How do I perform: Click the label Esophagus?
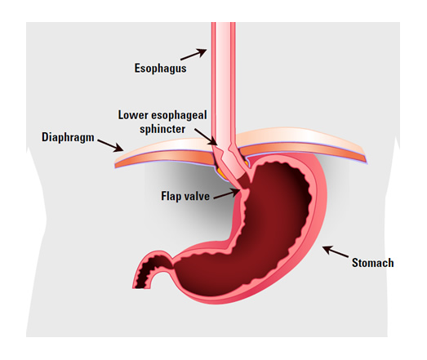pos(160,69)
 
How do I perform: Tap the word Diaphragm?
pos(68,137)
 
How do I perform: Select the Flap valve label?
pos(185,196)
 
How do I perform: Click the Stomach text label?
pos(372,263)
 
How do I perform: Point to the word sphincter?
pos(162,129)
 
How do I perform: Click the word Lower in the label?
pos(133,115)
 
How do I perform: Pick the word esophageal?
pos(179,115)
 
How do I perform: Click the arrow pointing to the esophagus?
pos(193,54)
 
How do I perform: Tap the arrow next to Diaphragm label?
pos(110,145)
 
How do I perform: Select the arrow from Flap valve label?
pos(226,194)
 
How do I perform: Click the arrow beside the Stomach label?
pos(336,251)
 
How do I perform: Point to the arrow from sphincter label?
pos(206,137)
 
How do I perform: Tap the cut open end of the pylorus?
pos(140,287)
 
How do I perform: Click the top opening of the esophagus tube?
pos(224,23)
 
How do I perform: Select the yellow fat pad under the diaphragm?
pos(222,174)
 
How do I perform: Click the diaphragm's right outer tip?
pos(367,162)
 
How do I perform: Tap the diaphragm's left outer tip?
pos(115,167)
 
